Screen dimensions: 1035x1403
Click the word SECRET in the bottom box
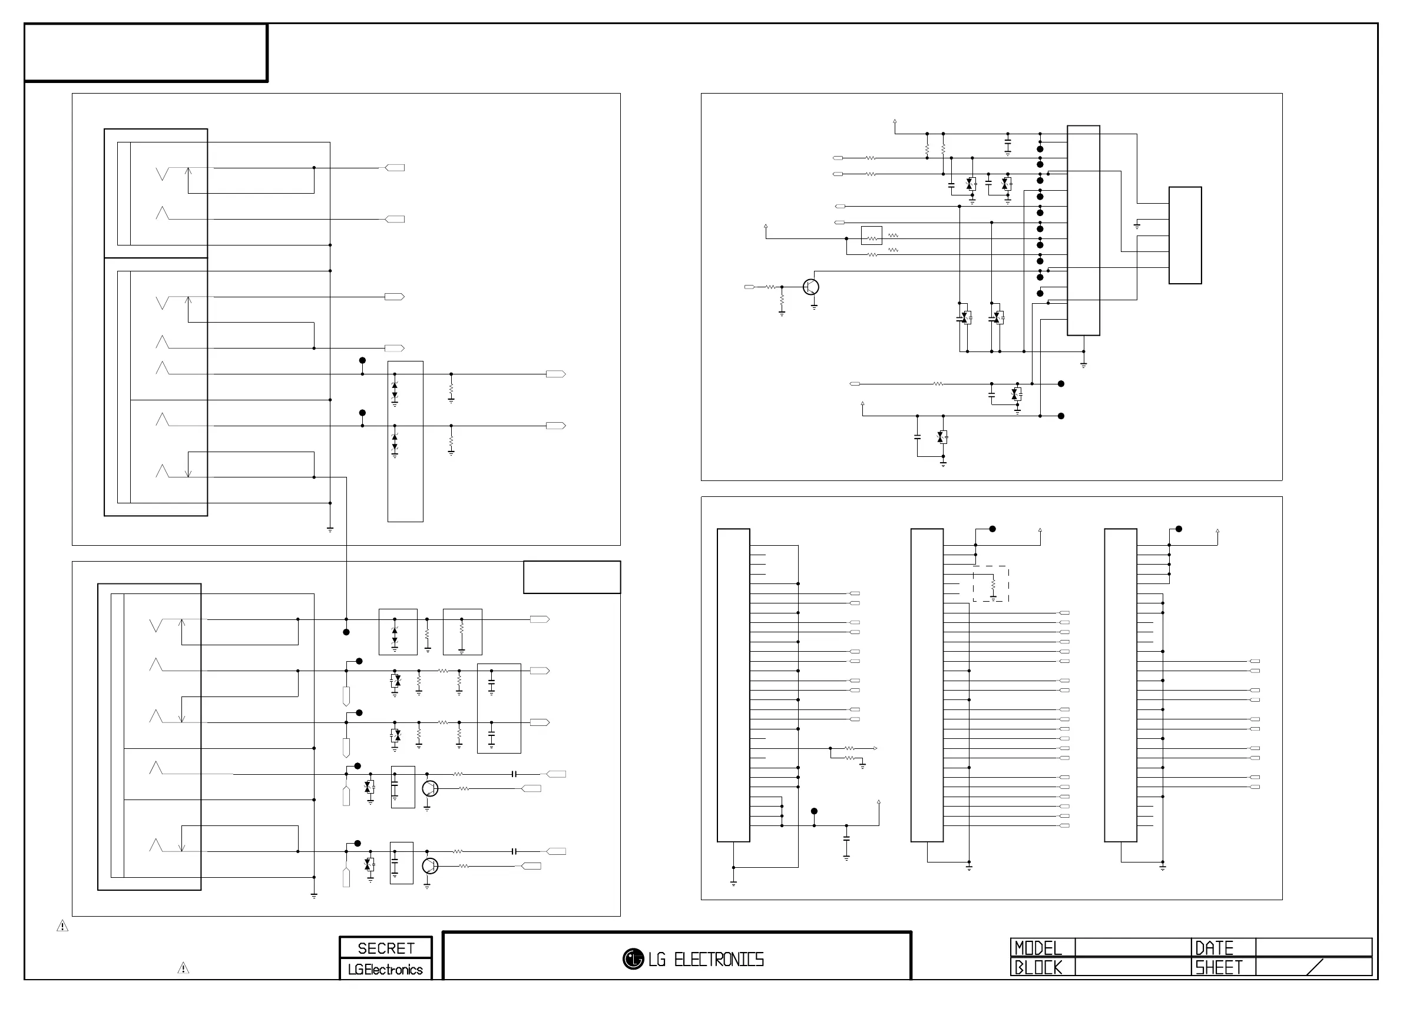pos(385,948)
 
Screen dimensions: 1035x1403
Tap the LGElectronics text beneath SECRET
pos(385,969)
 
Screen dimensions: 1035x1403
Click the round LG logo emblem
pos(633,958)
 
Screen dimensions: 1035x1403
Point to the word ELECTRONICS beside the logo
pos(719,959)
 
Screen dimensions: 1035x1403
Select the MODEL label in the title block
pos(1038,948)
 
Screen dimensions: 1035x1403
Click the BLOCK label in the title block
pos(1038,967)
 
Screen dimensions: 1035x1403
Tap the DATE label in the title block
pos(1214,948)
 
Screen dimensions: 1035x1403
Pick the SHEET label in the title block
pos(1218,967)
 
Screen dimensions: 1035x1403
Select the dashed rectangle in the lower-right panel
pos(991,584)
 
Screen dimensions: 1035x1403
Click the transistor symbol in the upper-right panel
pos(810,287)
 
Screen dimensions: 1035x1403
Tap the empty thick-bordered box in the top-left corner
pos(145,52)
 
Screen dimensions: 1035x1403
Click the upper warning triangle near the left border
pos(62,925)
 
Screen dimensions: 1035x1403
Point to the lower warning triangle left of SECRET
pos(183,968)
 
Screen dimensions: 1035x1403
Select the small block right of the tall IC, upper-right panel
pos(1185,235)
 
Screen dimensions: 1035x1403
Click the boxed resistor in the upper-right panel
pos(872,235)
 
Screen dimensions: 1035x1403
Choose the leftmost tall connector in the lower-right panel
pos(733,685)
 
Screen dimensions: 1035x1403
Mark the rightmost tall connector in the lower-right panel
pos(1120,685)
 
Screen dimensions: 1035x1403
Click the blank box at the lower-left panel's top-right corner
pos(571,577)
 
